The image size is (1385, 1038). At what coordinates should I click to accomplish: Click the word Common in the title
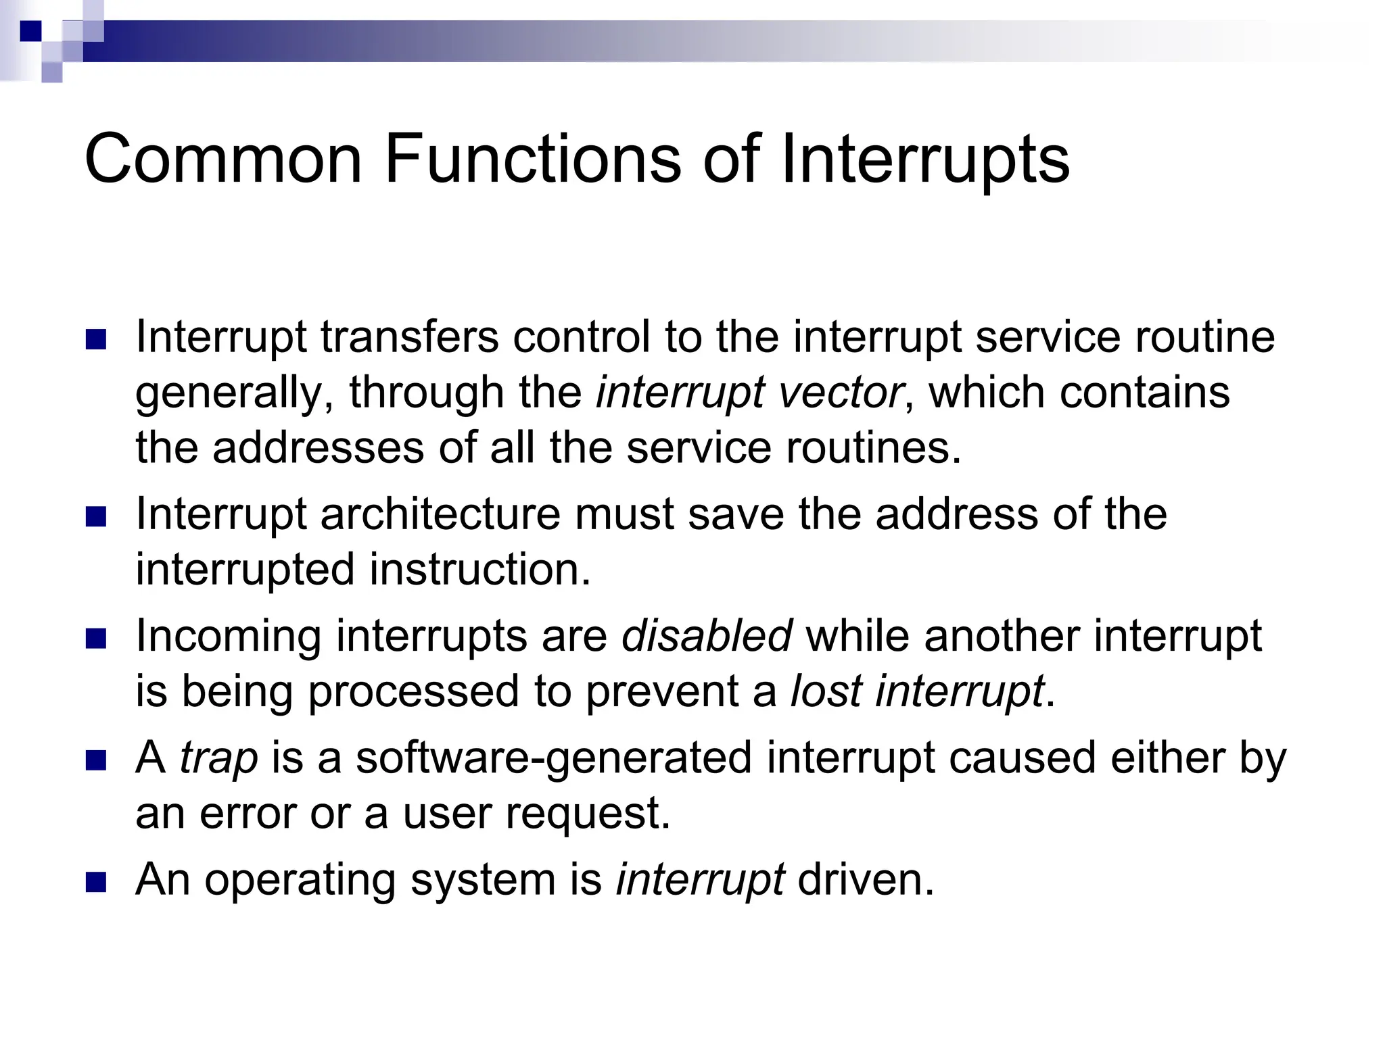223,159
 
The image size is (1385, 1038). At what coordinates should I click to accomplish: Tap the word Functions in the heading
532,159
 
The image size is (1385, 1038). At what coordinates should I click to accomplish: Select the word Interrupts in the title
924,159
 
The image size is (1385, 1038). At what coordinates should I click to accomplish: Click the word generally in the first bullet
228,393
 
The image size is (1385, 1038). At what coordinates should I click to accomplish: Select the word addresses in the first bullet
318,447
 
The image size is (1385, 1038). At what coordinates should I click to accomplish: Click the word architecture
440,514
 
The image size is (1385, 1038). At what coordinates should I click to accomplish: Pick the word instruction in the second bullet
479,569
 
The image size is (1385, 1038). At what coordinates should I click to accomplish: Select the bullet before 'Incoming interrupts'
97,639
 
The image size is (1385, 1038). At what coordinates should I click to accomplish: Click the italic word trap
218,758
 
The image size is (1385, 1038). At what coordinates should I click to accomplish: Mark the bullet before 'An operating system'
97,882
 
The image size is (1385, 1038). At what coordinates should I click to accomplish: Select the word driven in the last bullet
864,880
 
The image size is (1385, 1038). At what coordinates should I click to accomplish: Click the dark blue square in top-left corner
30,31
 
